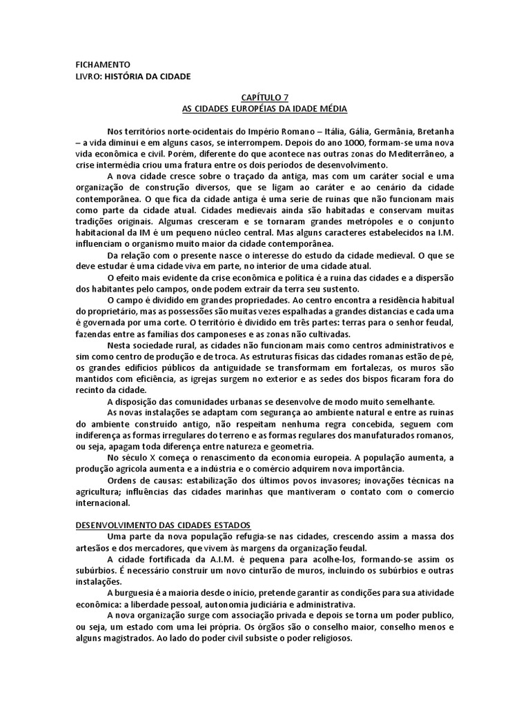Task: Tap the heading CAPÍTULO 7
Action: [265, 99]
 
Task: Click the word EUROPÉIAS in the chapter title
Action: [247, 110]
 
